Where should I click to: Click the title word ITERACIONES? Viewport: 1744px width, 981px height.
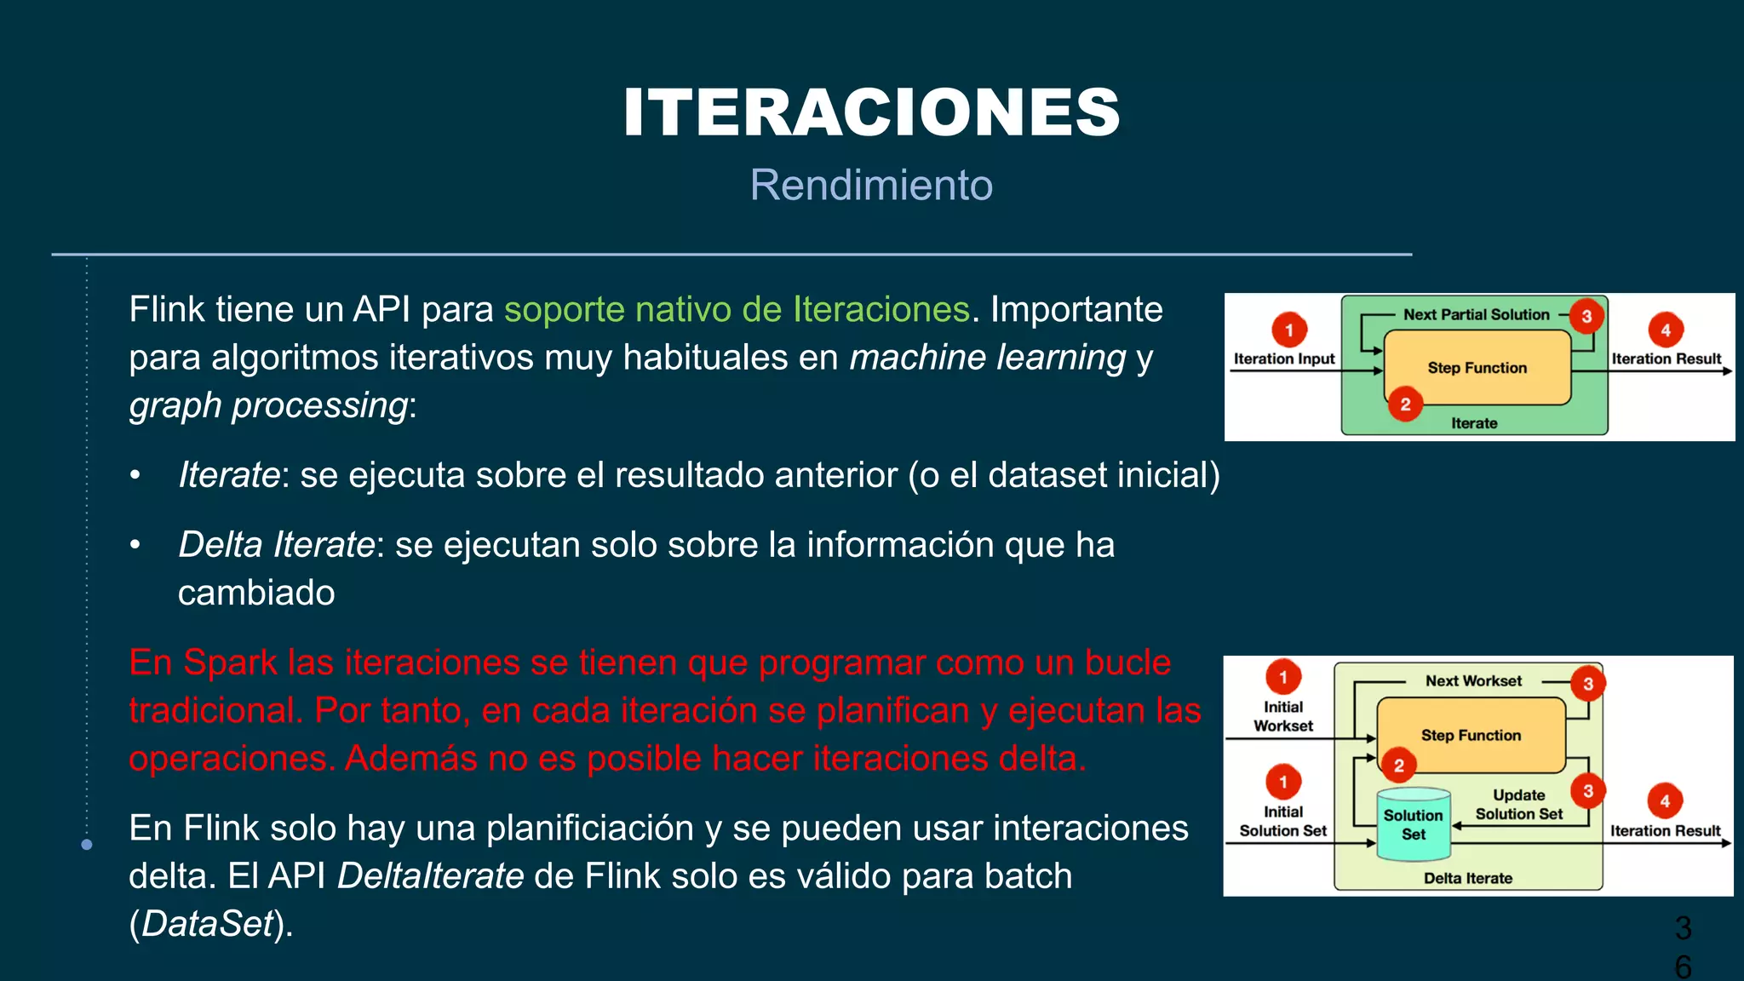(871, 113)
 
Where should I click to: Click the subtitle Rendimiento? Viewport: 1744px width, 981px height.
(871, 185)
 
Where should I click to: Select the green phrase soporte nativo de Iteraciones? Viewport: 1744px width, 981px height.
(737, 309)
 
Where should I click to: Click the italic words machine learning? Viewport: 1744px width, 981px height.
(988, 357)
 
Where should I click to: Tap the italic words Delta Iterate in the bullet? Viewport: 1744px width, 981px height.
(276, 545)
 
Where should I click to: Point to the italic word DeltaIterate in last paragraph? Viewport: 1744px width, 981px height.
(430, 876)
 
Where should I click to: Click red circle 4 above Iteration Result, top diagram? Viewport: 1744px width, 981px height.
(1665, 330)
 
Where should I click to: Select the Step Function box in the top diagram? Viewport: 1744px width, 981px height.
(1477, 368)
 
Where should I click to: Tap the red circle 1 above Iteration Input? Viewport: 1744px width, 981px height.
(1288, 330)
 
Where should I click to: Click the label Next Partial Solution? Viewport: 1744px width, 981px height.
(1476, 315)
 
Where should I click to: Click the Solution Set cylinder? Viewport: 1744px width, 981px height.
(1413, 824)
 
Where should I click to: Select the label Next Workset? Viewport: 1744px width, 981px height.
(1473, 681)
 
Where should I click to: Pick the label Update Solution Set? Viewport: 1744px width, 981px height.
(1518, 805)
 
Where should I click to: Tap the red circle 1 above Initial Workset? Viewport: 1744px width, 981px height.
(1283, 678)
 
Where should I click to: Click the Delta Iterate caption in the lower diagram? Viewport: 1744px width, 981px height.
(1468, 878)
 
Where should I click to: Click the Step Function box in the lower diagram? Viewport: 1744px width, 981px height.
(1471, 735)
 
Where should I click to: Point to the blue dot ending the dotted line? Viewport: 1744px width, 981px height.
(87, 845)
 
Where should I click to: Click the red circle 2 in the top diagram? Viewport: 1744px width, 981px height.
(1405, 404)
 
